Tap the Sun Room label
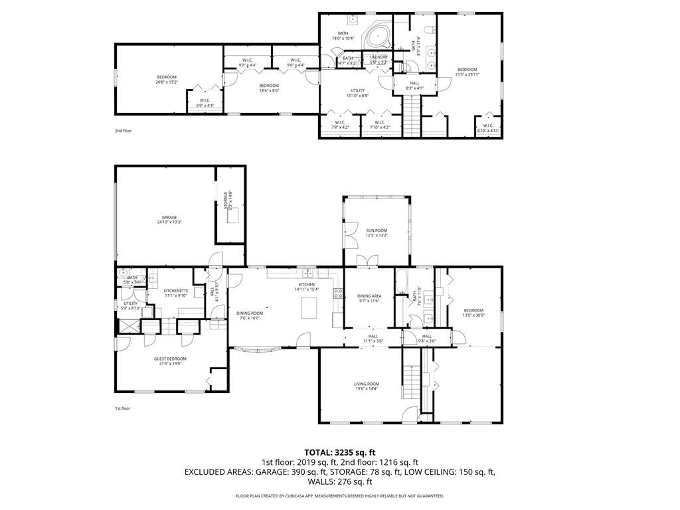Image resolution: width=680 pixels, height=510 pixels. (x=377, y=233)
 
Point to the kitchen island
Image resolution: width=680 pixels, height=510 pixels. (x=309, y=308)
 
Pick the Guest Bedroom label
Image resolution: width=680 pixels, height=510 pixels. (x=170, y=361)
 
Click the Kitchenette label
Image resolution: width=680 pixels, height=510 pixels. (x=176, y=293)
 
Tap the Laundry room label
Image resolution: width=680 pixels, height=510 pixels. (x=379, y=60)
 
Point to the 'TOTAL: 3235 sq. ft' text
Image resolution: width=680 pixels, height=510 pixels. (x=339, y=452)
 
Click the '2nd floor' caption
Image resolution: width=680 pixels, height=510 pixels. (x=123, y=131)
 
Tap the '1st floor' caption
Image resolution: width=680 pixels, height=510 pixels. (x=123, y=409)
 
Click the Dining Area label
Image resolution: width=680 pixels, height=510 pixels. (x=369, y=299)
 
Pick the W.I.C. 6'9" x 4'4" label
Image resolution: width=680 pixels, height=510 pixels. (x=205, y=103)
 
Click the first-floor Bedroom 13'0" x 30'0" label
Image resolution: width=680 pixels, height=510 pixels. (x=473, y=313)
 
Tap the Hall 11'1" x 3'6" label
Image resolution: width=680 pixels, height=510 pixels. (x=373, y=339)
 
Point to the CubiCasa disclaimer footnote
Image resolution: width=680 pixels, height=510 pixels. (x=339, y=496)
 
